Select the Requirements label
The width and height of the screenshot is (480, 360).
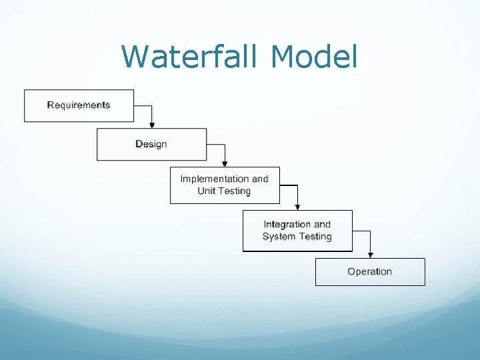pyautogui.click(x=79, y=105)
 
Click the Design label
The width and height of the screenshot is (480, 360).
pyautogui.click(x=151, y=144)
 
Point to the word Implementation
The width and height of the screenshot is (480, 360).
pyautogui.click(x=214, y=179)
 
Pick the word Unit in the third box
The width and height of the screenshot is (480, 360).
pyautogui.click(x=206, y=191)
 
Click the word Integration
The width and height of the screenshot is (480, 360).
pyautogui.click(x=287, y=225)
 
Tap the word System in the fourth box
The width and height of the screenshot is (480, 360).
pyautogui.click(x=279, y=237)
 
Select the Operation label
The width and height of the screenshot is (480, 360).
pyautogui.click(x=369, y=271)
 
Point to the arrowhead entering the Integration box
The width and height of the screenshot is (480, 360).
pyautogui.click(x=297, y=207)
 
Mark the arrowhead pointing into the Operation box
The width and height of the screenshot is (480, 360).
pyautogui.click(x=370, y=255)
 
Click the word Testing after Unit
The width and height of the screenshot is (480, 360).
pyautogui.click(x=233, y=191)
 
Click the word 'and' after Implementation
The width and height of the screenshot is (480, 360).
pyautogui.click(x=259, y=179)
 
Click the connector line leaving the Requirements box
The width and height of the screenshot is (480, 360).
pyautogui.click(x=143, y=105)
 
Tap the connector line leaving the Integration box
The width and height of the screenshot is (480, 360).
pyautogui.click(x=361, y=231)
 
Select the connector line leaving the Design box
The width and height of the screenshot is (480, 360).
pyautogui.click(x=216, y=144)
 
